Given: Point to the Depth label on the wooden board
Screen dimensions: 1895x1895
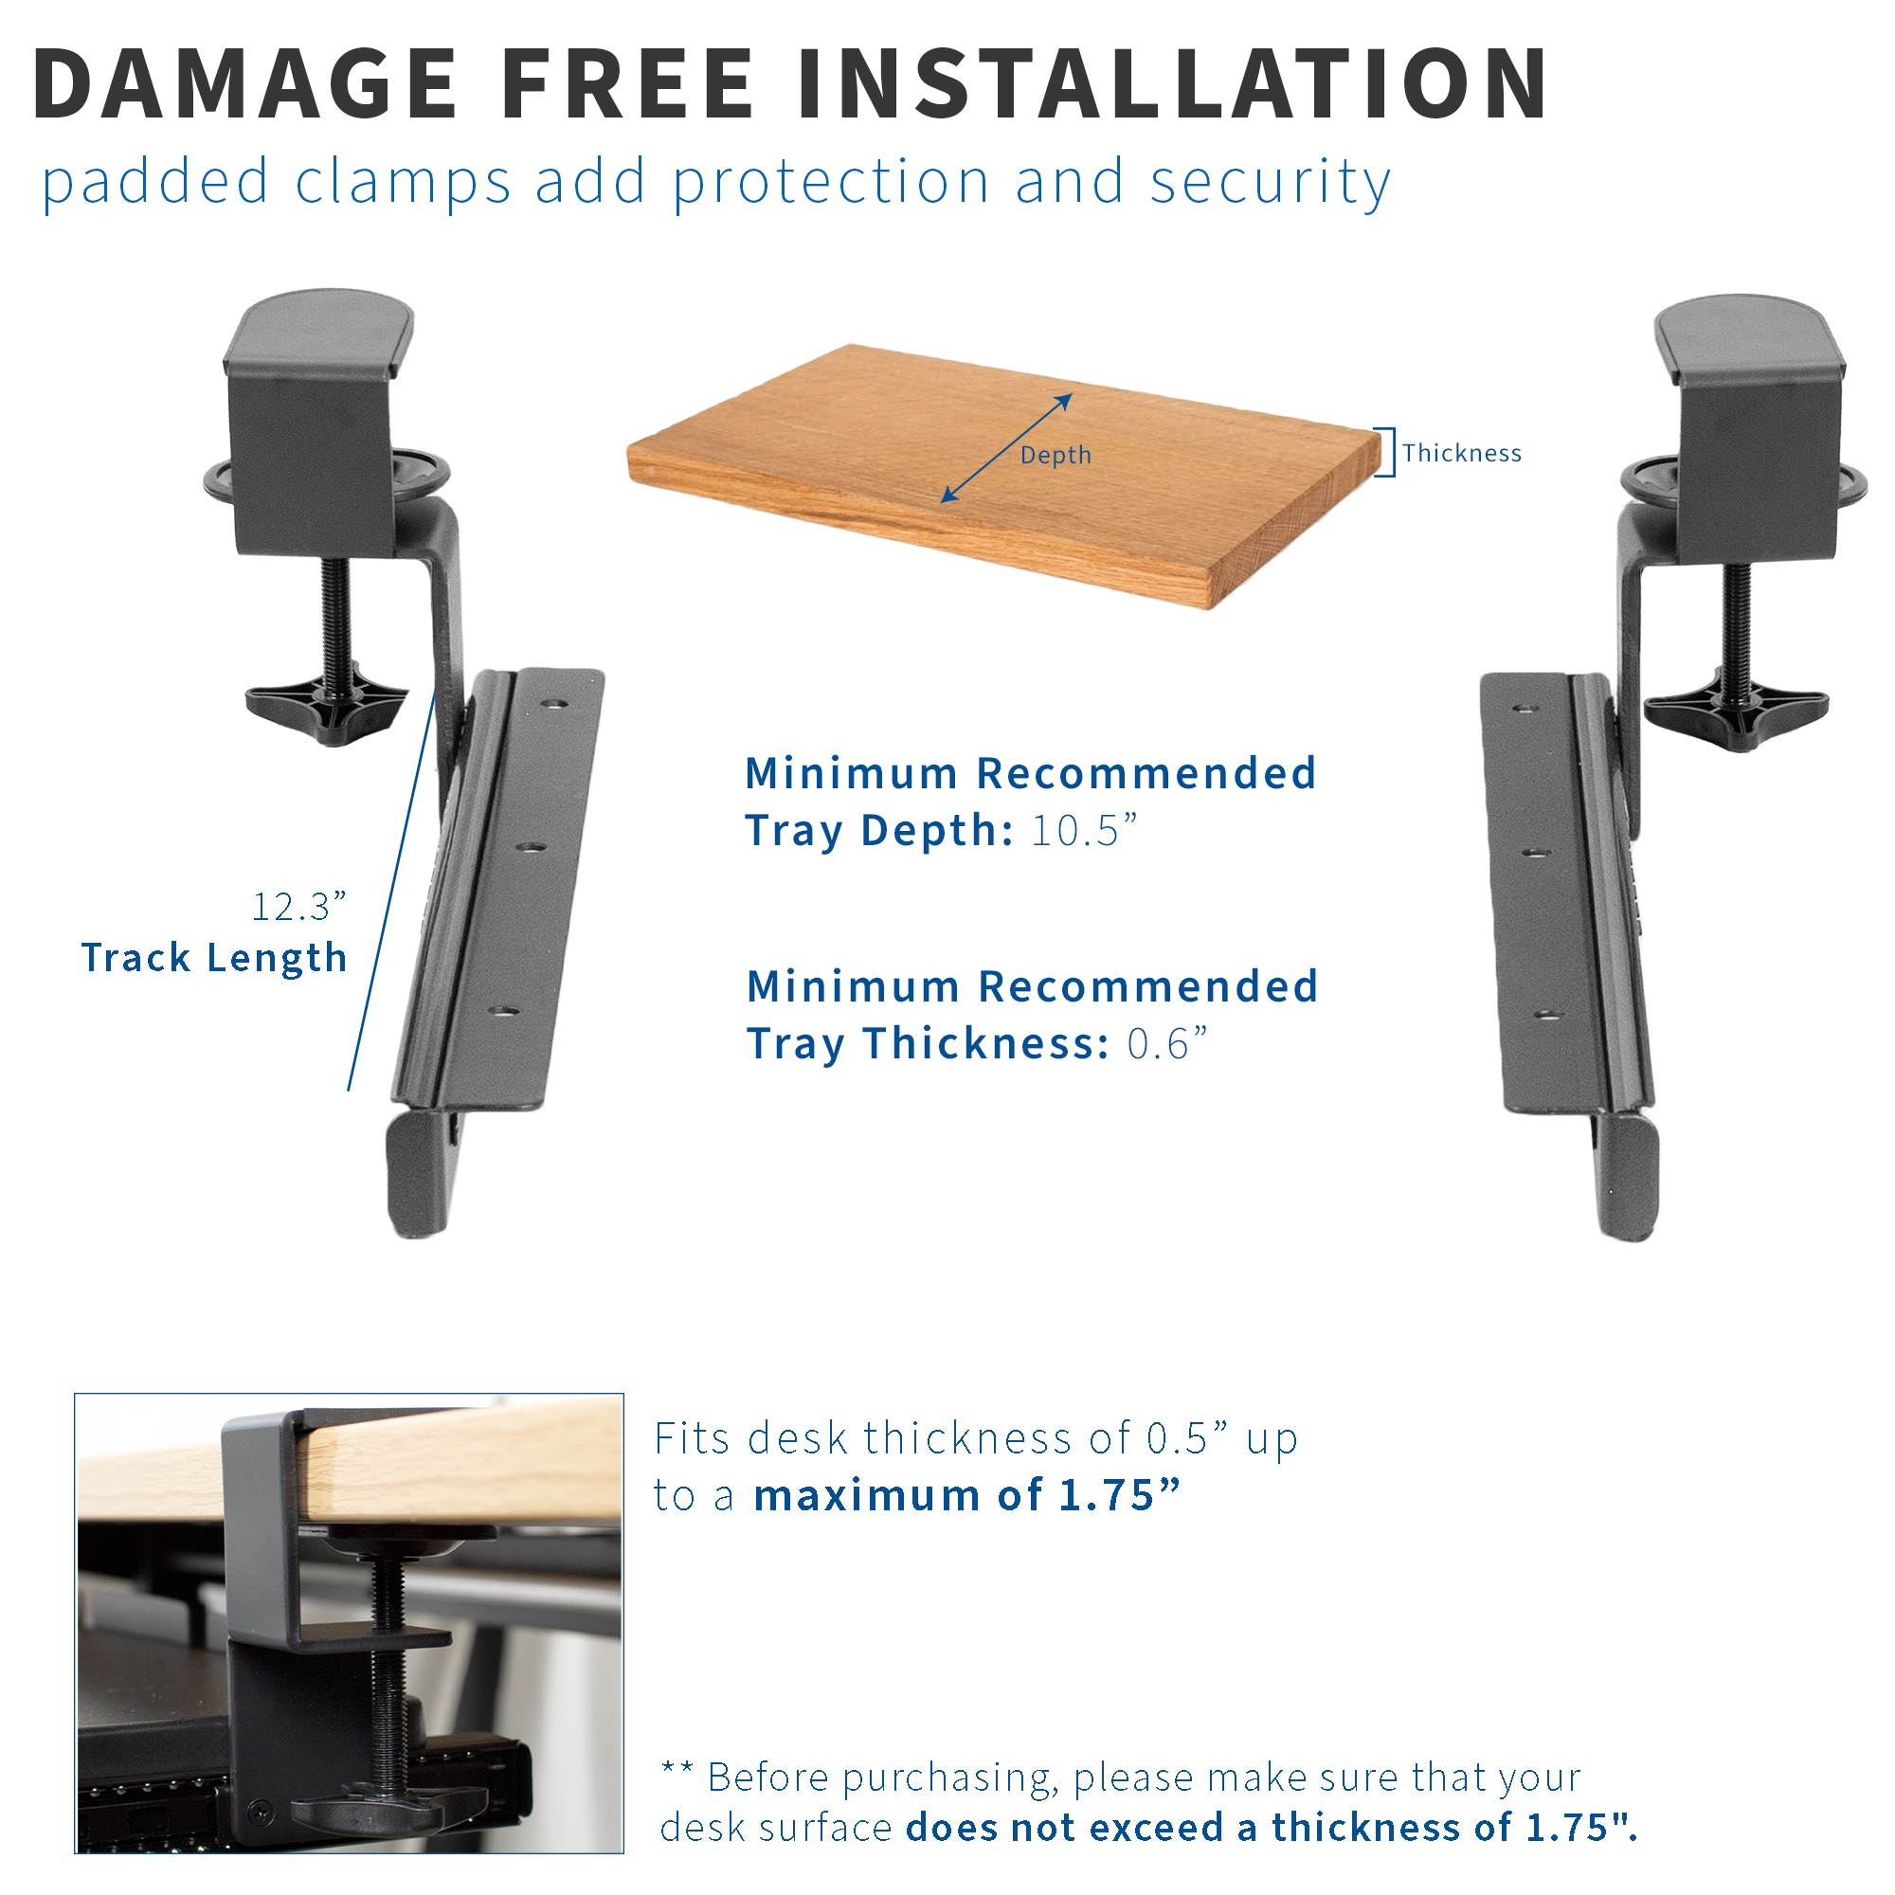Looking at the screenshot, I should (x=1056, y=455).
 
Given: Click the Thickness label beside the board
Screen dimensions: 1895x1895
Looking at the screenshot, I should (x=1460, y=453).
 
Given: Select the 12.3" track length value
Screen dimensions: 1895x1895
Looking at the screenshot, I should (x=299, y=907).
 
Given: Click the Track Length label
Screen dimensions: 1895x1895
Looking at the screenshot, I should (x=214, y=958).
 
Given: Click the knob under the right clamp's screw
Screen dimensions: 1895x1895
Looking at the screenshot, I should (x=1735, y=705).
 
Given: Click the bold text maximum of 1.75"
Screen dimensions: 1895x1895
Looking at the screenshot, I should (x=966, y=1496).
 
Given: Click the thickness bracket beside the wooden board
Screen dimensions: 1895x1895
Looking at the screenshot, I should (x=1386, y=452).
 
